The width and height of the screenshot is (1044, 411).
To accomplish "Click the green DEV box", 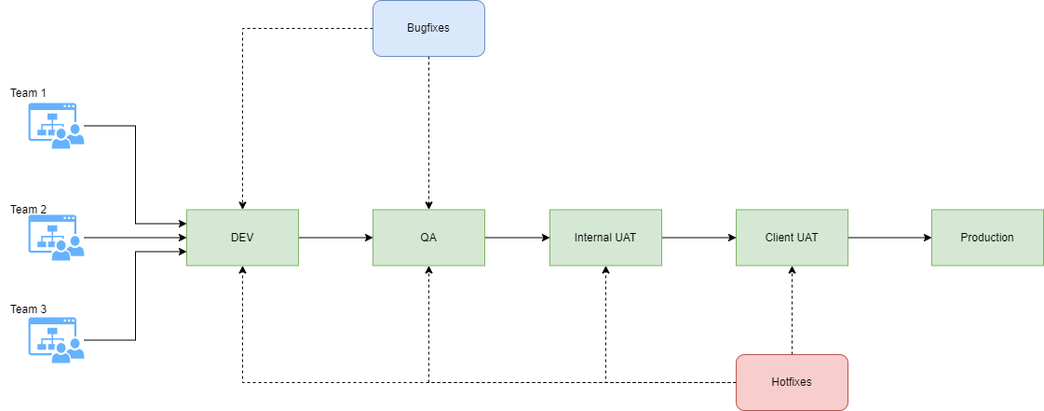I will pyautogui.click(x=242, y=238).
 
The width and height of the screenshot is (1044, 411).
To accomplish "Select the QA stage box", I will pyautogui.click(x=428, y=238).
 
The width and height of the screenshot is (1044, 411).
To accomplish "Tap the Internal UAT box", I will pyautogui.click(x=605, y=238).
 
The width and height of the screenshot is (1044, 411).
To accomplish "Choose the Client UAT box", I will pyautogui.click(x=792, y=238).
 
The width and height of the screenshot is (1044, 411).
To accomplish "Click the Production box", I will pyautogui.click(x=987, y=238).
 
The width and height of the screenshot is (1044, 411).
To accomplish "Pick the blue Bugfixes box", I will pyautogui.click(x=428, y=28).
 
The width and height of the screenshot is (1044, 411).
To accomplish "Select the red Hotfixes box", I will pyautogui.click(x=792, y=382).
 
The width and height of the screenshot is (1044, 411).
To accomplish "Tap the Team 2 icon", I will pyautogui.click(x=56, y=238).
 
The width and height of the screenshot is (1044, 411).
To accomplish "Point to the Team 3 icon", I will pyautogui.click(x=56, y=338).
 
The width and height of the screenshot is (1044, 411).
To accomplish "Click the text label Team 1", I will pyautogui.click(x=28, y=93).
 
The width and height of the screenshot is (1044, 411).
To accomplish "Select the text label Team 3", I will pyautogui.click(x=28, y=308).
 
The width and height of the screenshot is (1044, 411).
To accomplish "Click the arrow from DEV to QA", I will pyautogui.click(x=335, y=238).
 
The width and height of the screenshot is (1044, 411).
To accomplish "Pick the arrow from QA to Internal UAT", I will pyautogui.click(x=517, y=238).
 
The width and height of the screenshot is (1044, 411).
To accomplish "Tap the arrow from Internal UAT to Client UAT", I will pyautogui.click(x=698, y=238).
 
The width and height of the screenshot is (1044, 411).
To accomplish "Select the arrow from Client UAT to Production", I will pyautogui.click(x=889, y=238).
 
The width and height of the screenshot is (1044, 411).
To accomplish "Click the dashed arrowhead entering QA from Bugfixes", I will pyautogui.click(x=428, y=204).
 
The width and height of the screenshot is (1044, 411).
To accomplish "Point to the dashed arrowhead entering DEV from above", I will pyautogui.click(x=242, y=204).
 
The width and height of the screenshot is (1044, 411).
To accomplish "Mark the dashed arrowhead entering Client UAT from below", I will pyautogui.click(x=792, y=271).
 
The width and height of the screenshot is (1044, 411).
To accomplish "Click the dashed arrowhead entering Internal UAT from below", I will pyautogui.click(x=605, y=271).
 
